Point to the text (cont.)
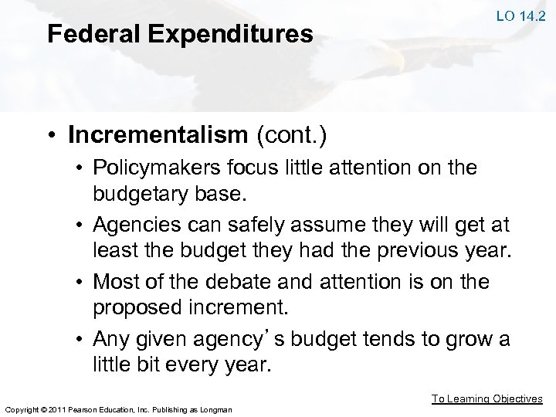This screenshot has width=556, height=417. coord(294,136)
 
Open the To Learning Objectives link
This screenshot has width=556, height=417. coord(486,399)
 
